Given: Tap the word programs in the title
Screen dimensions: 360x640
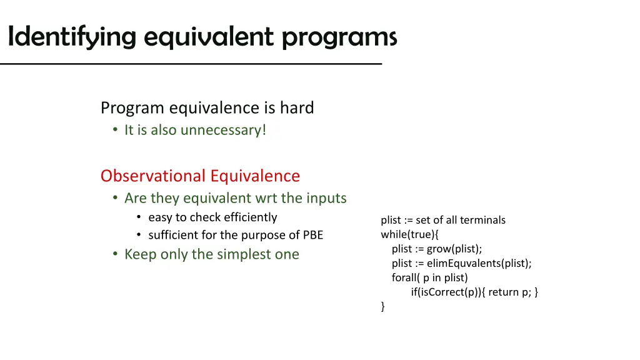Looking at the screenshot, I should [339, 37].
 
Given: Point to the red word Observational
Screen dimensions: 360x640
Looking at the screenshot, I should [152, 176].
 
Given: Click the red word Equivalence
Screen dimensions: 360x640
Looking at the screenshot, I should [255, 176].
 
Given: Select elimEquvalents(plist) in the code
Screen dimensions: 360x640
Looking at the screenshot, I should [479, 263].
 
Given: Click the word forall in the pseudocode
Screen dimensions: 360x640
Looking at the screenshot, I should [406, 277].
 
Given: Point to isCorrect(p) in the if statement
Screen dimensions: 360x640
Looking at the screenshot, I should [449, 292].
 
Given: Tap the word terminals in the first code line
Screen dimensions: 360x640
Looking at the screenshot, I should [482, 220].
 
